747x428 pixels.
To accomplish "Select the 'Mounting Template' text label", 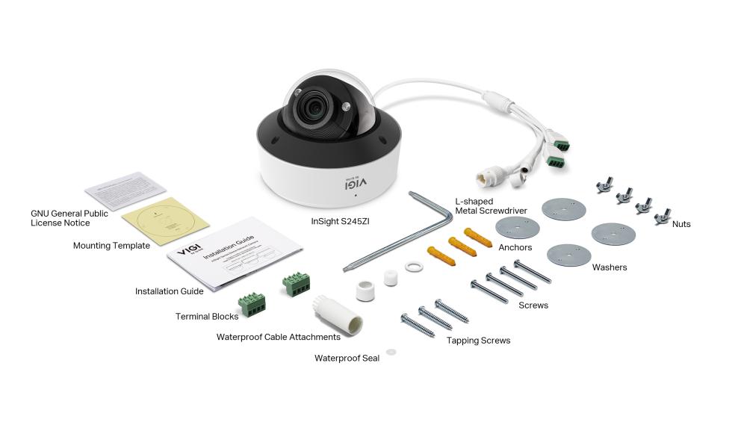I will click(111, 245).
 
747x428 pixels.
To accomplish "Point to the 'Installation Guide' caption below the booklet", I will click(169, 291).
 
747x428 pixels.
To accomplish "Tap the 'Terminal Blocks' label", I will click(207, 317).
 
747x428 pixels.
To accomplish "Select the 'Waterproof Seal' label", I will click(347, 359).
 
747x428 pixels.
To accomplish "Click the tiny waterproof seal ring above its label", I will click(391, 351).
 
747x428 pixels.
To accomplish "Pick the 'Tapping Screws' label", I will click(478, 341).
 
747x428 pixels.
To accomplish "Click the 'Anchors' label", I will click(515, 247).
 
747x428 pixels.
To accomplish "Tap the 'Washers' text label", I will click(610, 267).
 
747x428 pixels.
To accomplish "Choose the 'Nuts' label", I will click(681, 224).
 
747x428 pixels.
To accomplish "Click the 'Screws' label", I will click(533, 306).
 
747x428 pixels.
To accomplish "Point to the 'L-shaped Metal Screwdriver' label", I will click(492, 206).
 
